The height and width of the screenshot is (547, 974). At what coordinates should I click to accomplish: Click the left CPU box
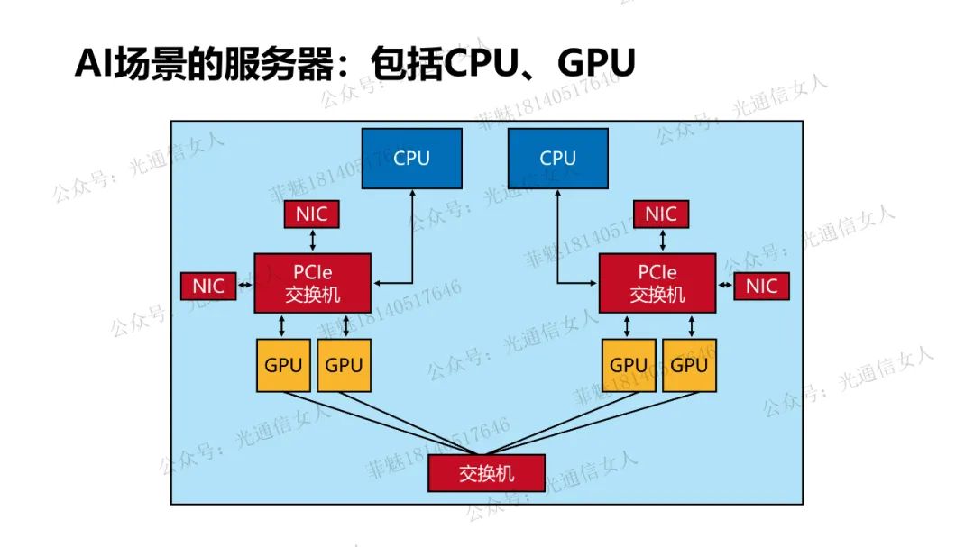pyautogui.click(x=411, y=158)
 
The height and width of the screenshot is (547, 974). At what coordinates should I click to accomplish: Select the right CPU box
pyautogui.click(x=557, y=158)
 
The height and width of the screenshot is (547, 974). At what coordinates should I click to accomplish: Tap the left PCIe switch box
pyautogui.click(x=312, y=283)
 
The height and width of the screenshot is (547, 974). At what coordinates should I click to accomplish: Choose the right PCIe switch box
pyautogui.click(x=657, y=283)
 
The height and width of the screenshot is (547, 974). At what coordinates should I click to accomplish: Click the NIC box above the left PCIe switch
pyautogui.click(x=312, y=214)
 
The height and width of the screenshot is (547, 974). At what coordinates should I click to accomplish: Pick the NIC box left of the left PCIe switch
pyautogui.click(x=208, y=287)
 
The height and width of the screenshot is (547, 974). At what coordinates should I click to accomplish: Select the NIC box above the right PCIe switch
pyautogui.click(x=660, y=214)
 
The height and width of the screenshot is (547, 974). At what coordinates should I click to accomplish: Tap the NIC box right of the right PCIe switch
pyautogui.click(x=761, y=287)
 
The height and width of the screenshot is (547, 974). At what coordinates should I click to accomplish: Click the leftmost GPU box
pyautogui.click(x=283, y=365)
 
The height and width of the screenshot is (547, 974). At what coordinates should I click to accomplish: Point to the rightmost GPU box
pyautogui.click(x=690, y=365)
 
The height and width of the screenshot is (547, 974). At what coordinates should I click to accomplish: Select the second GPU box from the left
pyautogui.click(x=344, y=365)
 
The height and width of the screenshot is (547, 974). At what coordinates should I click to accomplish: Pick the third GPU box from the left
pyautogui.click(x=629, y=365)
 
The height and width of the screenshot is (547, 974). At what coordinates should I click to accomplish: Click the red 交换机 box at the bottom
pyautogui.click(x=486, y=473)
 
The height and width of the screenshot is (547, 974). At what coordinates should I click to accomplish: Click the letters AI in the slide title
pyautogui.click(x=91, y=65)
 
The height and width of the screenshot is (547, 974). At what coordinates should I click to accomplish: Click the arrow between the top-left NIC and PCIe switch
pyautogui.click(x=312, y=240)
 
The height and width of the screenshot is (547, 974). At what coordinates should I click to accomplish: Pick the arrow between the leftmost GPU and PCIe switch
pyautogui.click(x=283, y=325)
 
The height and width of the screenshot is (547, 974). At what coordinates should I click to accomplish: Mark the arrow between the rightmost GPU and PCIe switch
pyautogui.click(x=690, y=325)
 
